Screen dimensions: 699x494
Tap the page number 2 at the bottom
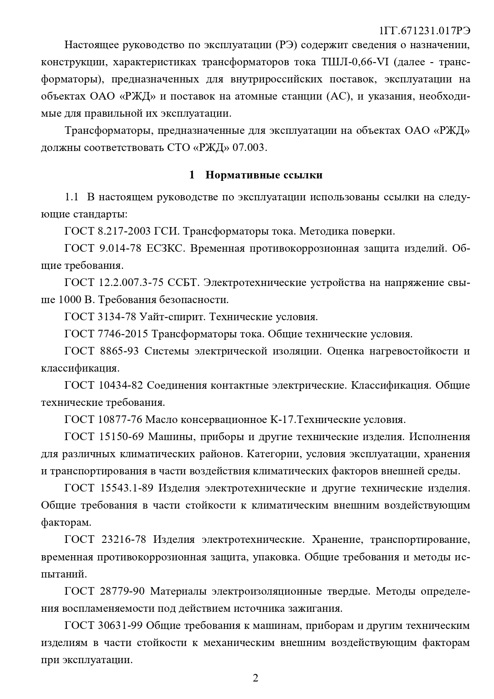(256, 678)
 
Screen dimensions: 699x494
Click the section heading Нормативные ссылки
(264, 175)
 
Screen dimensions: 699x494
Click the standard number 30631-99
(120, 625)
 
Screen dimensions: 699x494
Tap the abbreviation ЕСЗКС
(164, 249)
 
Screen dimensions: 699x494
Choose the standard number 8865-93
(118, 351)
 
